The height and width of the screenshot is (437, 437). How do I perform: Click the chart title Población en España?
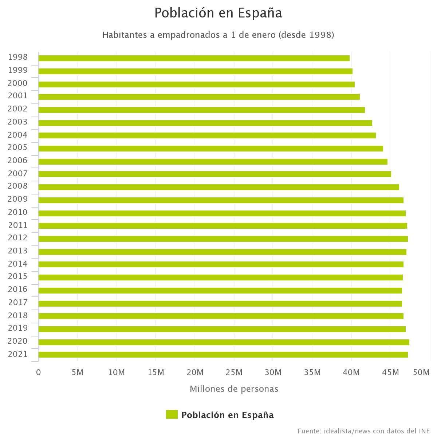(218, 13)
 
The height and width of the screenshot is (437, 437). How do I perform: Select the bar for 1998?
(194, 58)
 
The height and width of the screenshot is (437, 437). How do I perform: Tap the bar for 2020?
(224, 342)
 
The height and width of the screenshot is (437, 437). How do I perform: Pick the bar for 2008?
(219, 187)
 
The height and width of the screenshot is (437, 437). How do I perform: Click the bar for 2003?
(205, 123)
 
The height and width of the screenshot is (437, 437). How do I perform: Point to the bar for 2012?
(223, 239)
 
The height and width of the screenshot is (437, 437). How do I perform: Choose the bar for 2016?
(220, 291)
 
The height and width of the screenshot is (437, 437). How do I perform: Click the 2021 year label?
(18, 354)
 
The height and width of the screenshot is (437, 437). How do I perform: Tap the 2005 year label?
(18, 147)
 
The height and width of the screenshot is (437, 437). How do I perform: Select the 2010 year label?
(18, 212)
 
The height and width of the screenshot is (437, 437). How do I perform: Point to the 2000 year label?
(18, 83)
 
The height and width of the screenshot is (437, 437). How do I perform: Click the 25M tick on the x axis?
(234, 372)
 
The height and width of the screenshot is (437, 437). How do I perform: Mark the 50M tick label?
(422, 372)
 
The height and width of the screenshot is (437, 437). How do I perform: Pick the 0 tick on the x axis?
(38, 372)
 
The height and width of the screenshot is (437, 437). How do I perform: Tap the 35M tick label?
(312, 372)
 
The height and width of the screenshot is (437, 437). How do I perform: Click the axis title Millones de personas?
(234, 389)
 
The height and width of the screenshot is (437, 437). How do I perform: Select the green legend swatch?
(172, 414)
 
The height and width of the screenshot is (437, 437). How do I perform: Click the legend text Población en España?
(227, 415)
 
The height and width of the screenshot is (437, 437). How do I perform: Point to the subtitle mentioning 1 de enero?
(218, 35)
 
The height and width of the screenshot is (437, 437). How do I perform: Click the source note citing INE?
(363, 431)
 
